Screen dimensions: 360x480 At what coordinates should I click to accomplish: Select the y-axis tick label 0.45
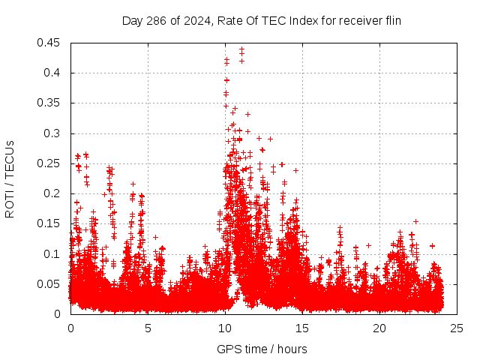pos(49,43)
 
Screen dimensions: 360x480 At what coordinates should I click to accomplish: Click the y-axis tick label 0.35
pos(49,103)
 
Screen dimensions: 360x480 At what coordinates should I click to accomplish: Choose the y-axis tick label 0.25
pos(49,163)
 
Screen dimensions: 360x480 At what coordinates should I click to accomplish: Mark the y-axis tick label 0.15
pos(49,223)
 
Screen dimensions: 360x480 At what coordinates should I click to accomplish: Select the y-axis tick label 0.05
pos(49,283)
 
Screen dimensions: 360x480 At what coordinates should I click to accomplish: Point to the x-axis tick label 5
pos(148,328)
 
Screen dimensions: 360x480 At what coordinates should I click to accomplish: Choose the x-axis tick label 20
pos(380,328)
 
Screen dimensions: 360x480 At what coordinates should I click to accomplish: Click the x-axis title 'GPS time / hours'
pos(262,349)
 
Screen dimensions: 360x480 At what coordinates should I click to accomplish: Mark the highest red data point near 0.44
pos(241,49)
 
